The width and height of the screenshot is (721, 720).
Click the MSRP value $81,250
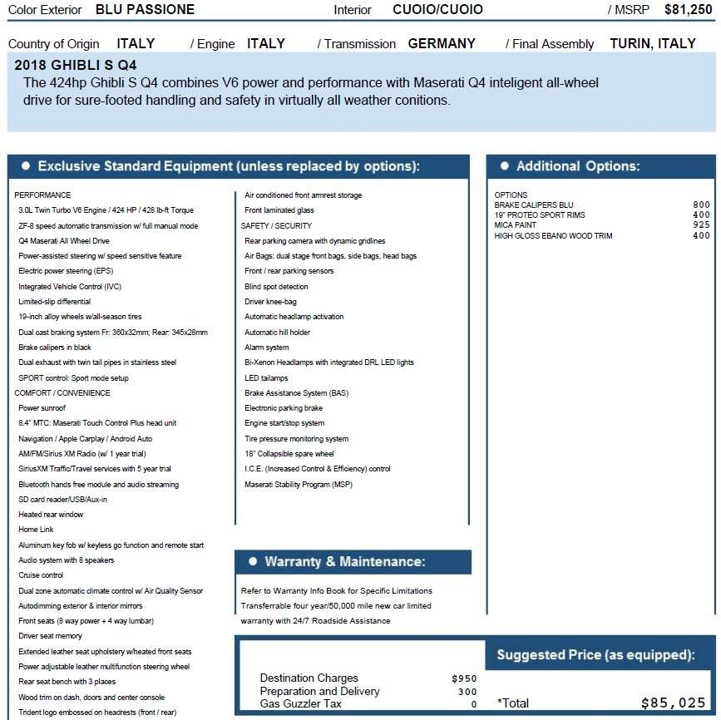[688, 10]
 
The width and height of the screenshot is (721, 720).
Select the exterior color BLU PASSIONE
[145, 10]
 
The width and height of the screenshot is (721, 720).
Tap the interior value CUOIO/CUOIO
[437, 10]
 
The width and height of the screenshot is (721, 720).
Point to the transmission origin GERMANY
[442, 43]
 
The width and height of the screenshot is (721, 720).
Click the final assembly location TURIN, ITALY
[652, 43]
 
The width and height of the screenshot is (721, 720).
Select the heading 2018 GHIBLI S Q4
[77, 64]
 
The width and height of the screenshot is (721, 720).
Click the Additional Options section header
[577, 166]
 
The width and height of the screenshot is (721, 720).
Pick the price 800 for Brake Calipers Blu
[701, 205]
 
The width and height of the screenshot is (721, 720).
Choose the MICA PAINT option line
[516, 225]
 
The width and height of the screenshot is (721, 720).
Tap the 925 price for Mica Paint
[701, 225]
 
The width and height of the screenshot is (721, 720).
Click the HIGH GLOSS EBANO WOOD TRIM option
[553, 236]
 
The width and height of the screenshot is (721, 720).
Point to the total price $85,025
[673, 703]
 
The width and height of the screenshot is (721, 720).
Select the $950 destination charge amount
[464, 678]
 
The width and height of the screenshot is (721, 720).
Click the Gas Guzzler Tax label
[301, 703]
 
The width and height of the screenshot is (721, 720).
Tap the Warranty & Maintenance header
[344, 562]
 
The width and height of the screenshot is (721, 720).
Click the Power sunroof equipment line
[42, 408]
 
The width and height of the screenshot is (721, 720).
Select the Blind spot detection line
[276, 287]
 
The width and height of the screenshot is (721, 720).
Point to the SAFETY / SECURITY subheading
[276, 225]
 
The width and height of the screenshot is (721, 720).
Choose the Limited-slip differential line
[54, 302]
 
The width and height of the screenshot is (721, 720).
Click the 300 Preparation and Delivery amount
[467, 691]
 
